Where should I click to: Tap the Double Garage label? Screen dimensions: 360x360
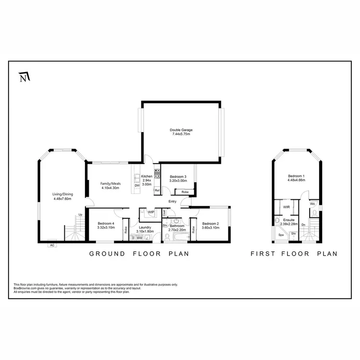(x=180, y=132)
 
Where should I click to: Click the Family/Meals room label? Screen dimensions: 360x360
(x=110, y=186)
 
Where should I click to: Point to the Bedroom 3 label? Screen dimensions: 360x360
(x=178, y=179)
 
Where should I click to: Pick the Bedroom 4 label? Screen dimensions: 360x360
(x=106, y=225)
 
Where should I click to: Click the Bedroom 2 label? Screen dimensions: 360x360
(x=210, y=225)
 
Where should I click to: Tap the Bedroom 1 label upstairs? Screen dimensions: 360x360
(x=296, y=179)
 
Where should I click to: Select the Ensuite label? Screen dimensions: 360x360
(x=289, y=222)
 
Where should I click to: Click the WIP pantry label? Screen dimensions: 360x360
(x=150, y=212)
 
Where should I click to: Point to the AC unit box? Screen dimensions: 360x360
(x=51, y=245)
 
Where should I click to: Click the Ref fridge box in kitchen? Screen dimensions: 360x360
(x=157, y=191)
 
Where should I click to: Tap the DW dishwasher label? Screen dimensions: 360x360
(x=137, y=185)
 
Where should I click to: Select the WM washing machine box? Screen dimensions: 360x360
(x=140, y=238)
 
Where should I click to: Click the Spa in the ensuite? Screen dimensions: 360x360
(x=281, y=236)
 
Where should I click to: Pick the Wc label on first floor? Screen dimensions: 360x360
(x=312, y=204)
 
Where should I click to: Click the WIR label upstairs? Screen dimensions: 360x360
(x=286, y=207)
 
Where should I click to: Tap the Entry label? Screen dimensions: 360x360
(x=172, y=201)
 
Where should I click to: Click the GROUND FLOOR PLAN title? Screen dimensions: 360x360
(x=139, y=254)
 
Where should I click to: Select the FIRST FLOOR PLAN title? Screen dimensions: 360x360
(x=294, y=254)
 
